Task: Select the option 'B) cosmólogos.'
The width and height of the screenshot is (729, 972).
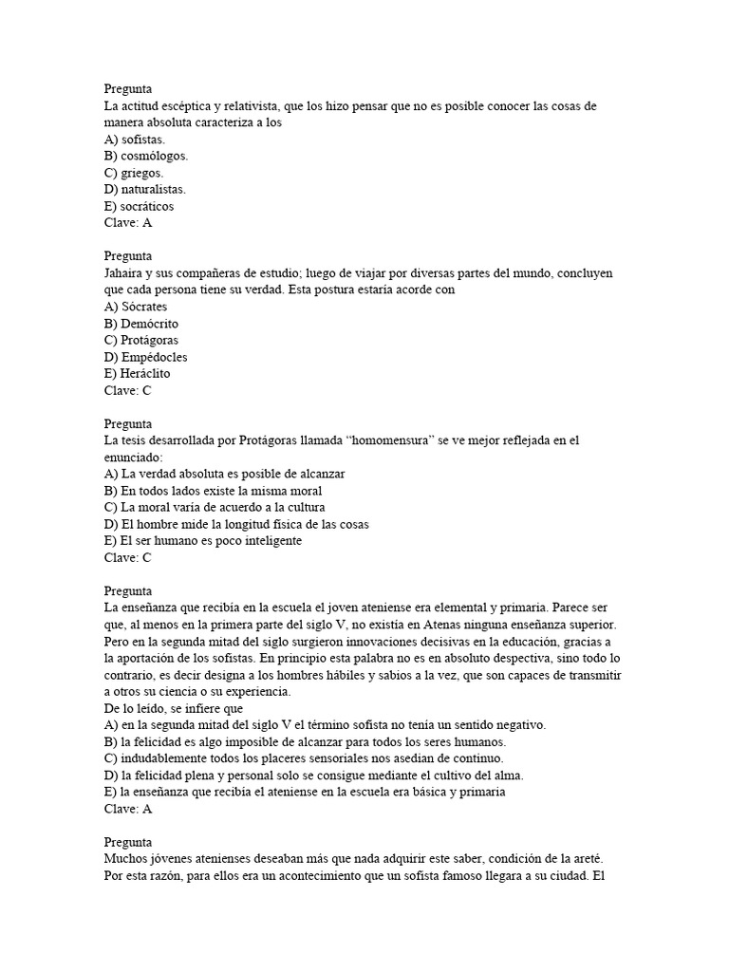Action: tap(146, 156)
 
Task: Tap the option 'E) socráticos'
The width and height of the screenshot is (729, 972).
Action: tap(140, 206)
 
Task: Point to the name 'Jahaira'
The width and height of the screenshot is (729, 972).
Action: tap(125, 273)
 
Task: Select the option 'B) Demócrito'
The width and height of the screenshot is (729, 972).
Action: tap(141, 324)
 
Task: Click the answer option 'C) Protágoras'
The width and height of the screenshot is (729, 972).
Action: tap(141, 340)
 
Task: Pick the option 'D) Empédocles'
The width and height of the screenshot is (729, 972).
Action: tap(146, 357)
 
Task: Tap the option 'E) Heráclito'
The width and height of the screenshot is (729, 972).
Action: tap(139, 374)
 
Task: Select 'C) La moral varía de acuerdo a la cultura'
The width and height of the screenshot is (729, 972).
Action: tap(224, 508)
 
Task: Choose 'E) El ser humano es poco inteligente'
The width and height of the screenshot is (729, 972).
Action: tap(203, 541)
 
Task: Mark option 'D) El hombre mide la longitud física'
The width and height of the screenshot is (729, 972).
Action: tap(236, 524)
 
